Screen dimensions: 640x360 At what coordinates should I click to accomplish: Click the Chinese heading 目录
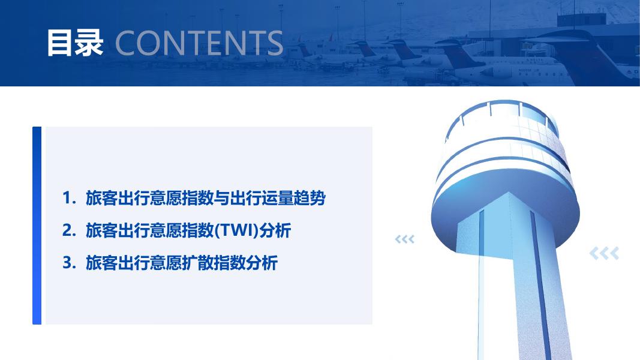(x=75, y=43)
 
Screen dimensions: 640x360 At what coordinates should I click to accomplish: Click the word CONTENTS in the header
(x=199, y=43)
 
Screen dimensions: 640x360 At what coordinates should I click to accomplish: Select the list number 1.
(x=69, y=198)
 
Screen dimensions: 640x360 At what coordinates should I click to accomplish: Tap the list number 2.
(x=69, y=230)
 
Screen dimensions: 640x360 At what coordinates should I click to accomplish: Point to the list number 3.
(x=69, y=263)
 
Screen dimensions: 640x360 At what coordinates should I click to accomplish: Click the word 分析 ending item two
(x=275, y=230)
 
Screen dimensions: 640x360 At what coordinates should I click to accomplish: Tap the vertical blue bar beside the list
(x=37, y=226)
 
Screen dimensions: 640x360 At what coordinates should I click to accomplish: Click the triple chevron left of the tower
(x=404, y=239)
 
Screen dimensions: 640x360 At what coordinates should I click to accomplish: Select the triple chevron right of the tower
(x=604, y=253)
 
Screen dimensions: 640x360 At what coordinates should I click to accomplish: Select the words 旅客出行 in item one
(x=118, y=198)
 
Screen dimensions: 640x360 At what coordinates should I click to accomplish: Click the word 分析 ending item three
(x=262, y=263)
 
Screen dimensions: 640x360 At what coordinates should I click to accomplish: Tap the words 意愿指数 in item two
(x=182, y=230)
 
